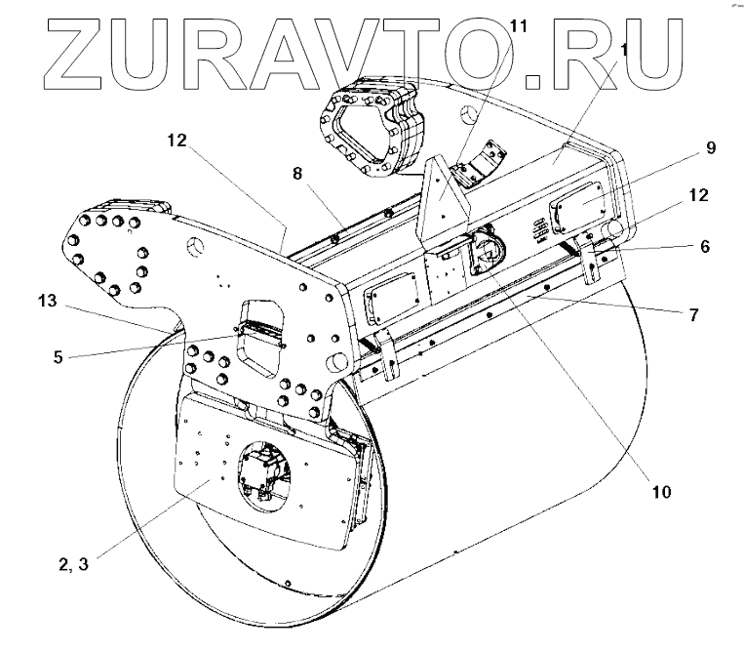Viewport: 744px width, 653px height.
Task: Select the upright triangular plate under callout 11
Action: pyautogui.click(x=445, y=201)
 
